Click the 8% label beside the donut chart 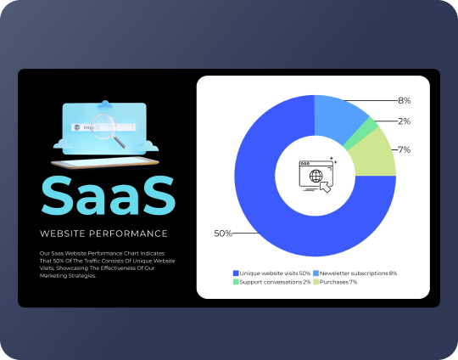[405, 101]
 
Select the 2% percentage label [405, 121]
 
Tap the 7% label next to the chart [405, 149]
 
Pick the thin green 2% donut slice [371, 132]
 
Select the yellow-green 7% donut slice [379, 155]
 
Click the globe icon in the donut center [316, 177]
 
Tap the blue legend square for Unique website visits [235, 273]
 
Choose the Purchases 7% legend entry [338, 282]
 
